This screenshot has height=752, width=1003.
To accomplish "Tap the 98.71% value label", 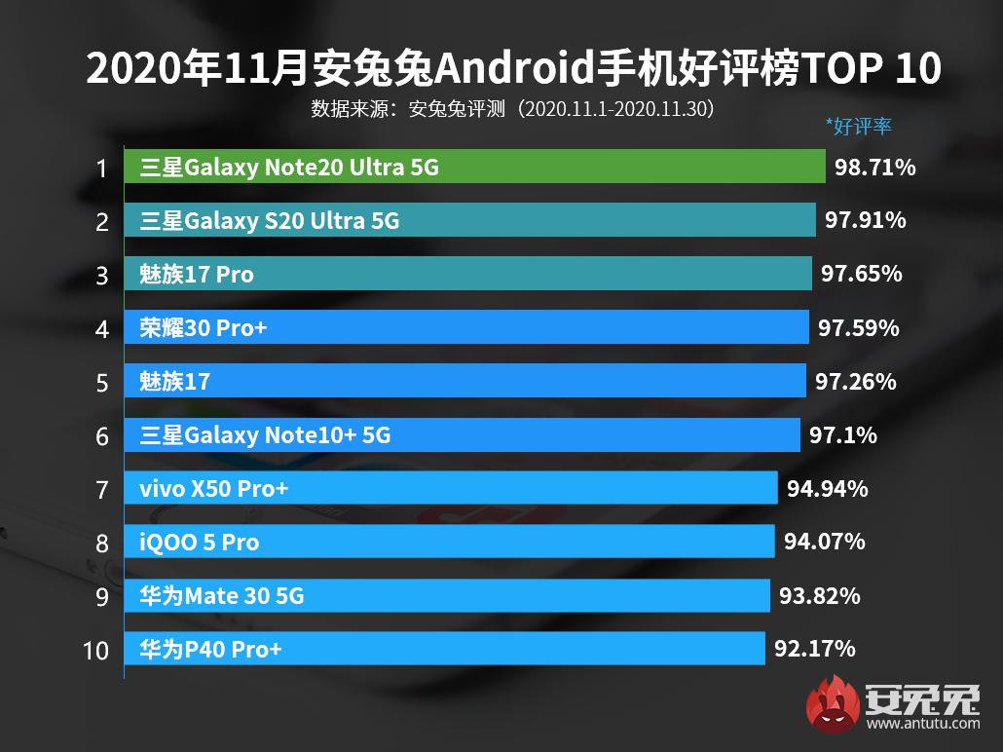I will click(874, 168).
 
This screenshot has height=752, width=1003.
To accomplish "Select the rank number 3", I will click(102, 276).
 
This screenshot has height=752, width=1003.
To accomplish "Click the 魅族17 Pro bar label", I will click(197, 275).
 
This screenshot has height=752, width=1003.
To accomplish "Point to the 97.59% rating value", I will click(858, 328).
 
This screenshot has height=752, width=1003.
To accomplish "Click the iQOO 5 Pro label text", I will click(200, 542).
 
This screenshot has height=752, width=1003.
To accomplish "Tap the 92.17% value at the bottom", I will click(815, 648).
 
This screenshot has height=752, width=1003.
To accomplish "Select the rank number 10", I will click(96, 650).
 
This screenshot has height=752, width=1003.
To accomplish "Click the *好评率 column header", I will click(858, 126).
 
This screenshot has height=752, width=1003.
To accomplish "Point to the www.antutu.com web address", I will click(922, 724).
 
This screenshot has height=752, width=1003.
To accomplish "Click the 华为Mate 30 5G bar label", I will click(222, 595).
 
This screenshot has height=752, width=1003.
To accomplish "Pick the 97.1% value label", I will click(842, 435).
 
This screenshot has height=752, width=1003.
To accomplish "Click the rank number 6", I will click(102, 436).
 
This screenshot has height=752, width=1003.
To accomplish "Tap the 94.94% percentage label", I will click(827, 488).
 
